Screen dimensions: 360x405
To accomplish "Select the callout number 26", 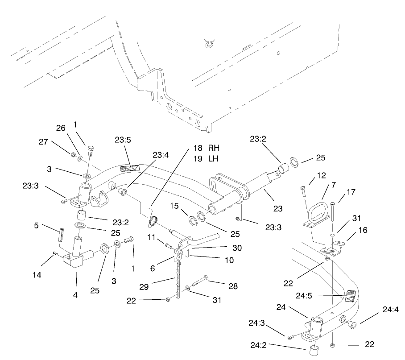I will tap(61, 128).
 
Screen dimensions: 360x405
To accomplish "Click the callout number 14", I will tap(37, 275).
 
